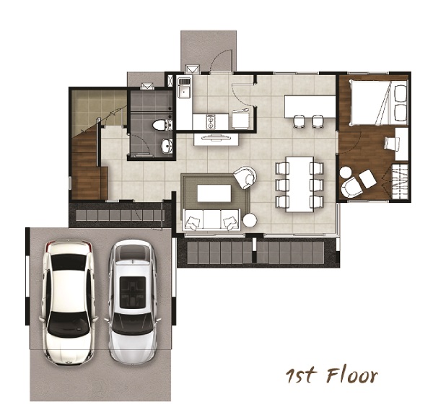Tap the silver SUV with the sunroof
click(133, 302)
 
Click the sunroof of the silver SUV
click(133, 292)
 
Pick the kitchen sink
click(184, 87)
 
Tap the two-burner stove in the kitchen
click(211, 121)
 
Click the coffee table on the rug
click(214, 193)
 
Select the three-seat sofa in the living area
click(211, 219)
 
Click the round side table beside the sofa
click(250, 220)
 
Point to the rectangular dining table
click(299, 184)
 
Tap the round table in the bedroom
click(346, 172)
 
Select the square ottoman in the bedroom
click(367, 179)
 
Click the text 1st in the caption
click(300, 375)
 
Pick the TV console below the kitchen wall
click(216, 139)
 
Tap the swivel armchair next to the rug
click(245, 178)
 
